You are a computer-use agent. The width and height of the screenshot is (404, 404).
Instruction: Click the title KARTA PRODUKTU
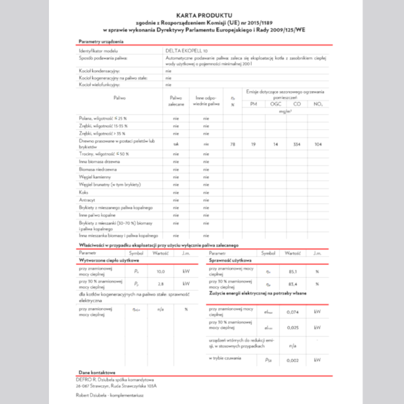point(202,16)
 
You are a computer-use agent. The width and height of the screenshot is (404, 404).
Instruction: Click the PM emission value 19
point(254,144)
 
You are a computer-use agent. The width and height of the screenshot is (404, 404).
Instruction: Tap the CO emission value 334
point(297,144)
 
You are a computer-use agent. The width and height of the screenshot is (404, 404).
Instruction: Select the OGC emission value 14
point(276,144)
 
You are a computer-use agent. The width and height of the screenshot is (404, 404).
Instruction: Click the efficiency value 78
point(233,144)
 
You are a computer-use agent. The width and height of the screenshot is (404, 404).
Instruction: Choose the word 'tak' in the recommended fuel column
point(175,144)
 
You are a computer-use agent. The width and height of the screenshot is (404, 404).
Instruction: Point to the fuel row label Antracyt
point(86,200)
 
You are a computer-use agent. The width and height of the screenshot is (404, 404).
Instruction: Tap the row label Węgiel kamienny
point(92,177)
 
